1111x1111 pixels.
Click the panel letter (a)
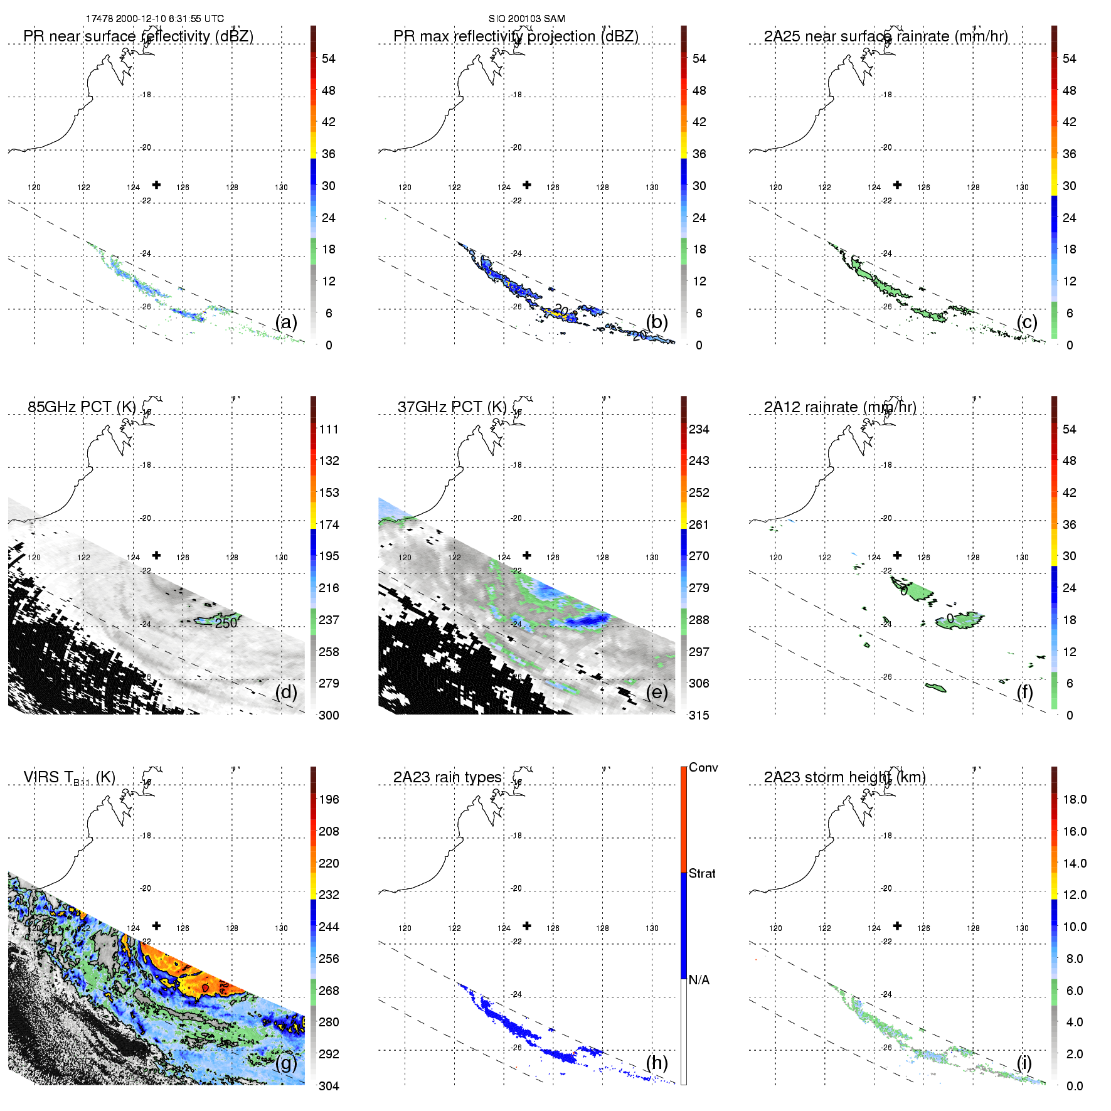click(x=286, y=322)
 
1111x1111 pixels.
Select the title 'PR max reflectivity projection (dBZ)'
click(x=516, y=36)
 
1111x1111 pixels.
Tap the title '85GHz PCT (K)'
click(x=82, y=407)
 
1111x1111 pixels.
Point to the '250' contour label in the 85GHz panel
click(x=226, y=623)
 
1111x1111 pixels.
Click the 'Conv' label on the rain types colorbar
click(x=703, y=767)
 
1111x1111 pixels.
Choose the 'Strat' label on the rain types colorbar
click(x=702, y=873)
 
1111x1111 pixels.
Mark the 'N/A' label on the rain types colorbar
click(x=699, y=980)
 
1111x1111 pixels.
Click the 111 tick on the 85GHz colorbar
click(x=329, y=430)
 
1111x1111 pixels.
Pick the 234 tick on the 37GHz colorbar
click(x=699, y=430)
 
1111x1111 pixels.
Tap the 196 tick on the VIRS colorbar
click(x=329, y=800)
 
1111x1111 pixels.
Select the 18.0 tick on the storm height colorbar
click(x=1075, y=800)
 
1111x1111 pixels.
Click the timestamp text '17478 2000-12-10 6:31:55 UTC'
click(x=155, y=19)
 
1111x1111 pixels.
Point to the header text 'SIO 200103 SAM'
click(x=527, y=19)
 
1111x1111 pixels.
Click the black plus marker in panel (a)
click(x=156, y=185)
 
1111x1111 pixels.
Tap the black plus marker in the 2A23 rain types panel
click(x=527, y=926)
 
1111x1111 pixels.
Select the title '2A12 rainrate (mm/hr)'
click(x=840, y=407)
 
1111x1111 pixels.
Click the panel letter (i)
click(x=1024, y=1063)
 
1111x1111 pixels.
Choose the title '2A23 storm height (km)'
click(x=844, y=777)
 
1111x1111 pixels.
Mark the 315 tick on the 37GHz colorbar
click(x=699, y=716)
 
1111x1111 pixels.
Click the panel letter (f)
click(x=1024, y=692)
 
